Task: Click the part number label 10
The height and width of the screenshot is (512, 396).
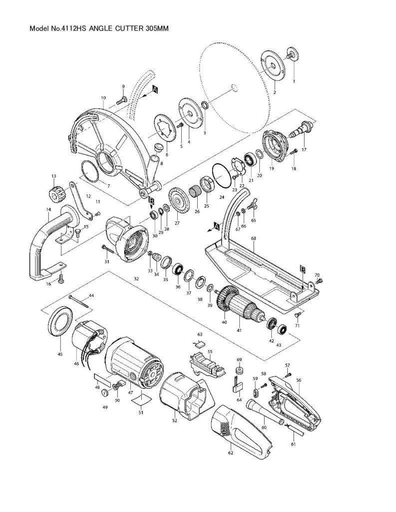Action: pos(103,97)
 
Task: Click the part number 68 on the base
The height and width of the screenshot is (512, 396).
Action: pos(253,239)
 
